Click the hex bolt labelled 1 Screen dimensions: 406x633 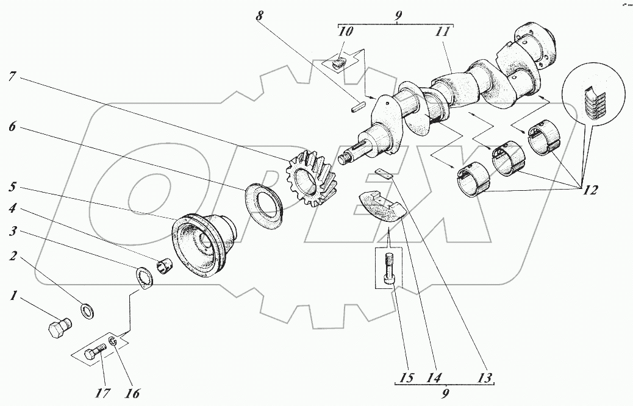(x=57, y=329)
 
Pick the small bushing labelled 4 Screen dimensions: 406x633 (x=164, y=267)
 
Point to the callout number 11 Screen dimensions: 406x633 (x=445, y=32)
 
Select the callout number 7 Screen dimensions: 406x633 (x=12, y=77)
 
